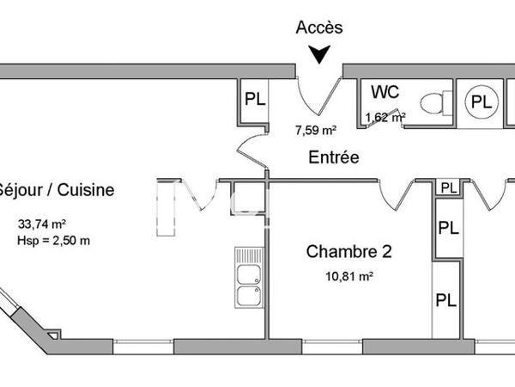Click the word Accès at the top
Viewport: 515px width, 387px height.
319,28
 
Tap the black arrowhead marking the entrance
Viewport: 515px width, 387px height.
319,56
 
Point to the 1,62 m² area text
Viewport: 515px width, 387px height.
385,118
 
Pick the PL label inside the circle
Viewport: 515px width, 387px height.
482,102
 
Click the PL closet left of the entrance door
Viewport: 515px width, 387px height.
255,98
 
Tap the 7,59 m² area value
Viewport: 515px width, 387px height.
315,131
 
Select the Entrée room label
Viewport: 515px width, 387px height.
334,157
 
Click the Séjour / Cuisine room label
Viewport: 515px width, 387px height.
56,190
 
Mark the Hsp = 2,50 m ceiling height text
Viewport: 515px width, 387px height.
53,240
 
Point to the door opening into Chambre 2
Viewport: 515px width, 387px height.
397,196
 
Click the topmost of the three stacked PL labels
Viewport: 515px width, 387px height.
447,187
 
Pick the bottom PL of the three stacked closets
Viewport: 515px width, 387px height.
445,300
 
